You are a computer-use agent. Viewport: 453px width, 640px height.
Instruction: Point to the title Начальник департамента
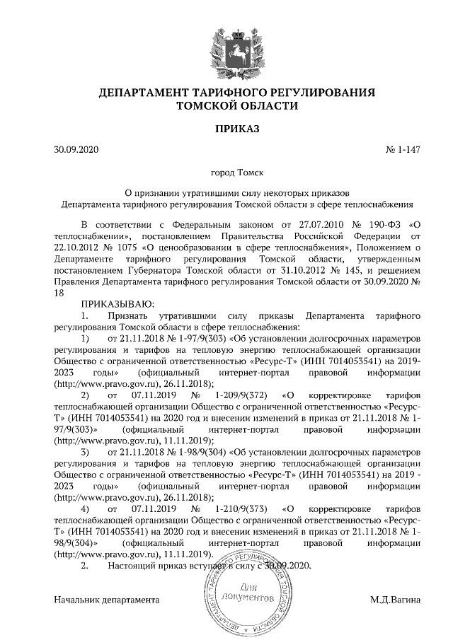[x=107, y=600]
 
